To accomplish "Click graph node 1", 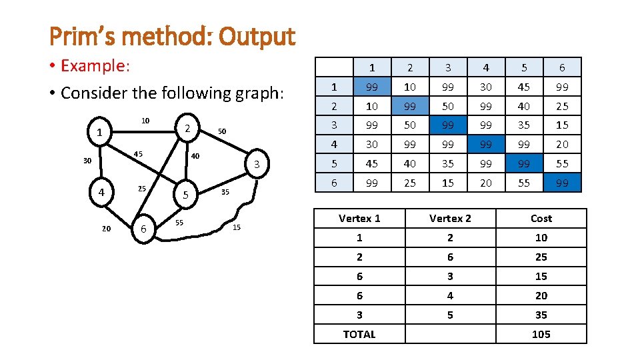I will [x=99, y=133].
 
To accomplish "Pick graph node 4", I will [x=101, y=193].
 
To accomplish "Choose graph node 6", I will [x=143, y=229].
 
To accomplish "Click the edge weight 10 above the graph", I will [x=145, y=121].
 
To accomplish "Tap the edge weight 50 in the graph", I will [x=223, y=132].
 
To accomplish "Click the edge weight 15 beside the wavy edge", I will [x=237, y=229].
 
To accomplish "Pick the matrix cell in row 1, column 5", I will [x=524, y=87].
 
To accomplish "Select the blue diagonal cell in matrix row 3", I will [x=448, y=125].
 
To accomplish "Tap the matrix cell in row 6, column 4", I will [x=486, y=183].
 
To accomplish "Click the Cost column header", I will [x=541, y=219].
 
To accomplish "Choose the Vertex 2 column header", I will [x=450, y=219].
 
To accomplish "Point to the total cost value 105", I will [x=541, y=334].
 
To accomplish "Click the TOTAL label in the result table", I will [x=359, y=334].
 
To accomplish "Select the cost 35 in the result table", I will [x=541, y=315].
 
